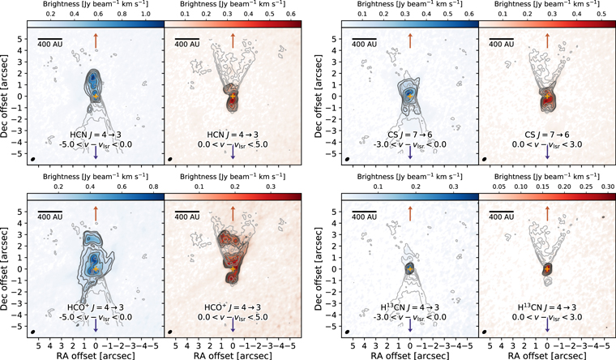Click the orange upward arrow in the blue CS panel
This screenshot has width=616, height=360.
tap(410, 38)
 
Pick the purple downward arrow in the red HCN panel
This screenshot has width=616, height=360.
tap(233, 152)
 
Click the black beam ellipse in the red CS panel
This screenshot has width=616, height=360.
tap(484, 160)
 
